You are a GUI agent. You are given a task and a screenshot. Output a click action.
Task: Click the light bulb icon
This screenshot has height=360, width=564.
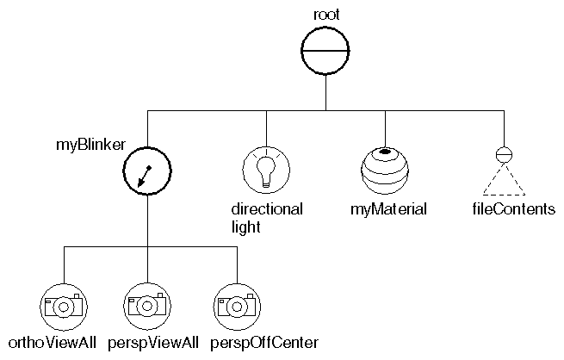point(266,168)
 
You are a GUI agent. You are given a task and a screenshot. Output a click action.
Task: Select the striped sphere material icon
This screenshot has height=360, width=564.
point(383,168)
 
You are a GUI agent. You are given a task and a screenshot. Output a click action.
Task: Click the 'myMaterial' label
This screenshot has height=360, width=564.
point(389,209)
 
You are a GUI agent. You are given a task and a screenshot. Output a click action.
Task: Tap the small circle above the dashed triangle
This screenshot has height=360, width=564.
point(505,155)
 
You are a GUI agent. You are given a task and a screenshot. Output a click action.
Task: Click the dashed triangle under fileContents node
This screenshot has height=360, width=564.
point(505,183)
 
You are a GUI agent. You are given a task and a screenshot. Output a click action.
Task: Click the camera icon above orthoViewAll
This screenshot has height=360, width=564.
point(63,305)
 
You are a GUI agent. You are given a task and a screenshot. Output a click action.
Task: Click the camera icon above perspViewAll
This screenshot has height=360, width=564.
point(146,305)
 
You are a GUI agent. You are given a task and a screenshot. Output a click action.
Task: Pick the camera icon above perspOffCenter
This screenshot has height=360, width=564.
point(234,305)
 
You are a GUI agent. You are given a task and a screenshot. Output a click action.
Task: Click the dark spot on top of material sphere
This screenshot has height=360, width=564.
point(385,152)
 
